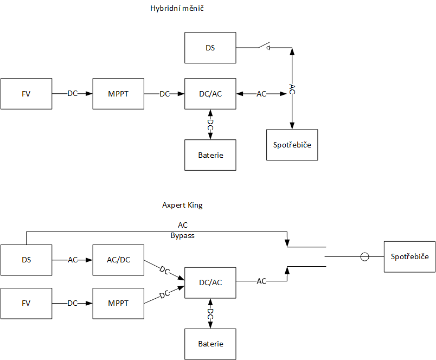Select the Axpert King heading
click(182, 205)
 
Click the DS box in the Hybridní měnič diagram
click(210, 48)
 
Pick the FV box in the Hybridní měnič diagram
click(26, 94)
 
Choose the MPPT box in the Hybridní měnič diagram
click(118, 94)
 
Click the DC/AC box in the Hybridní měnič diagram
click(210, 94)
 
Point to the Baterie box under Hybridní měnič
click(210, 155)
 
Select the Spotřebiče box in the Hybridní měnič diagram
click(292, 145)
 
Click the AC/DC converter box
click(118, 260)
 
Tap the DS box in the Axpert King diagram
click(26, 260)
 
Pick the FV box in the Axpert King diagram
click(26, 303)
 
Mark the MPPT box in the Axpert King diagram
click(118, 303)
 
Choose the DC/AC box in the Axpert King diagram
click(210, 282)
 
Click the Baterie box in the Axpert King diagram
click(210, 344)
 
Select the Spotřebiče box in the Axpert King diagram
click(409, 256)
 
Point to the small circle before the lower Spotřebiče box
click(365, 256)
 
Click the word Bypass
click(182, 236)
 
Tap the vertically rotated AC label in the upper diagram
click(292, 89)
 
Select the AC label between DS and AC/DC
click(73, 260)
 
